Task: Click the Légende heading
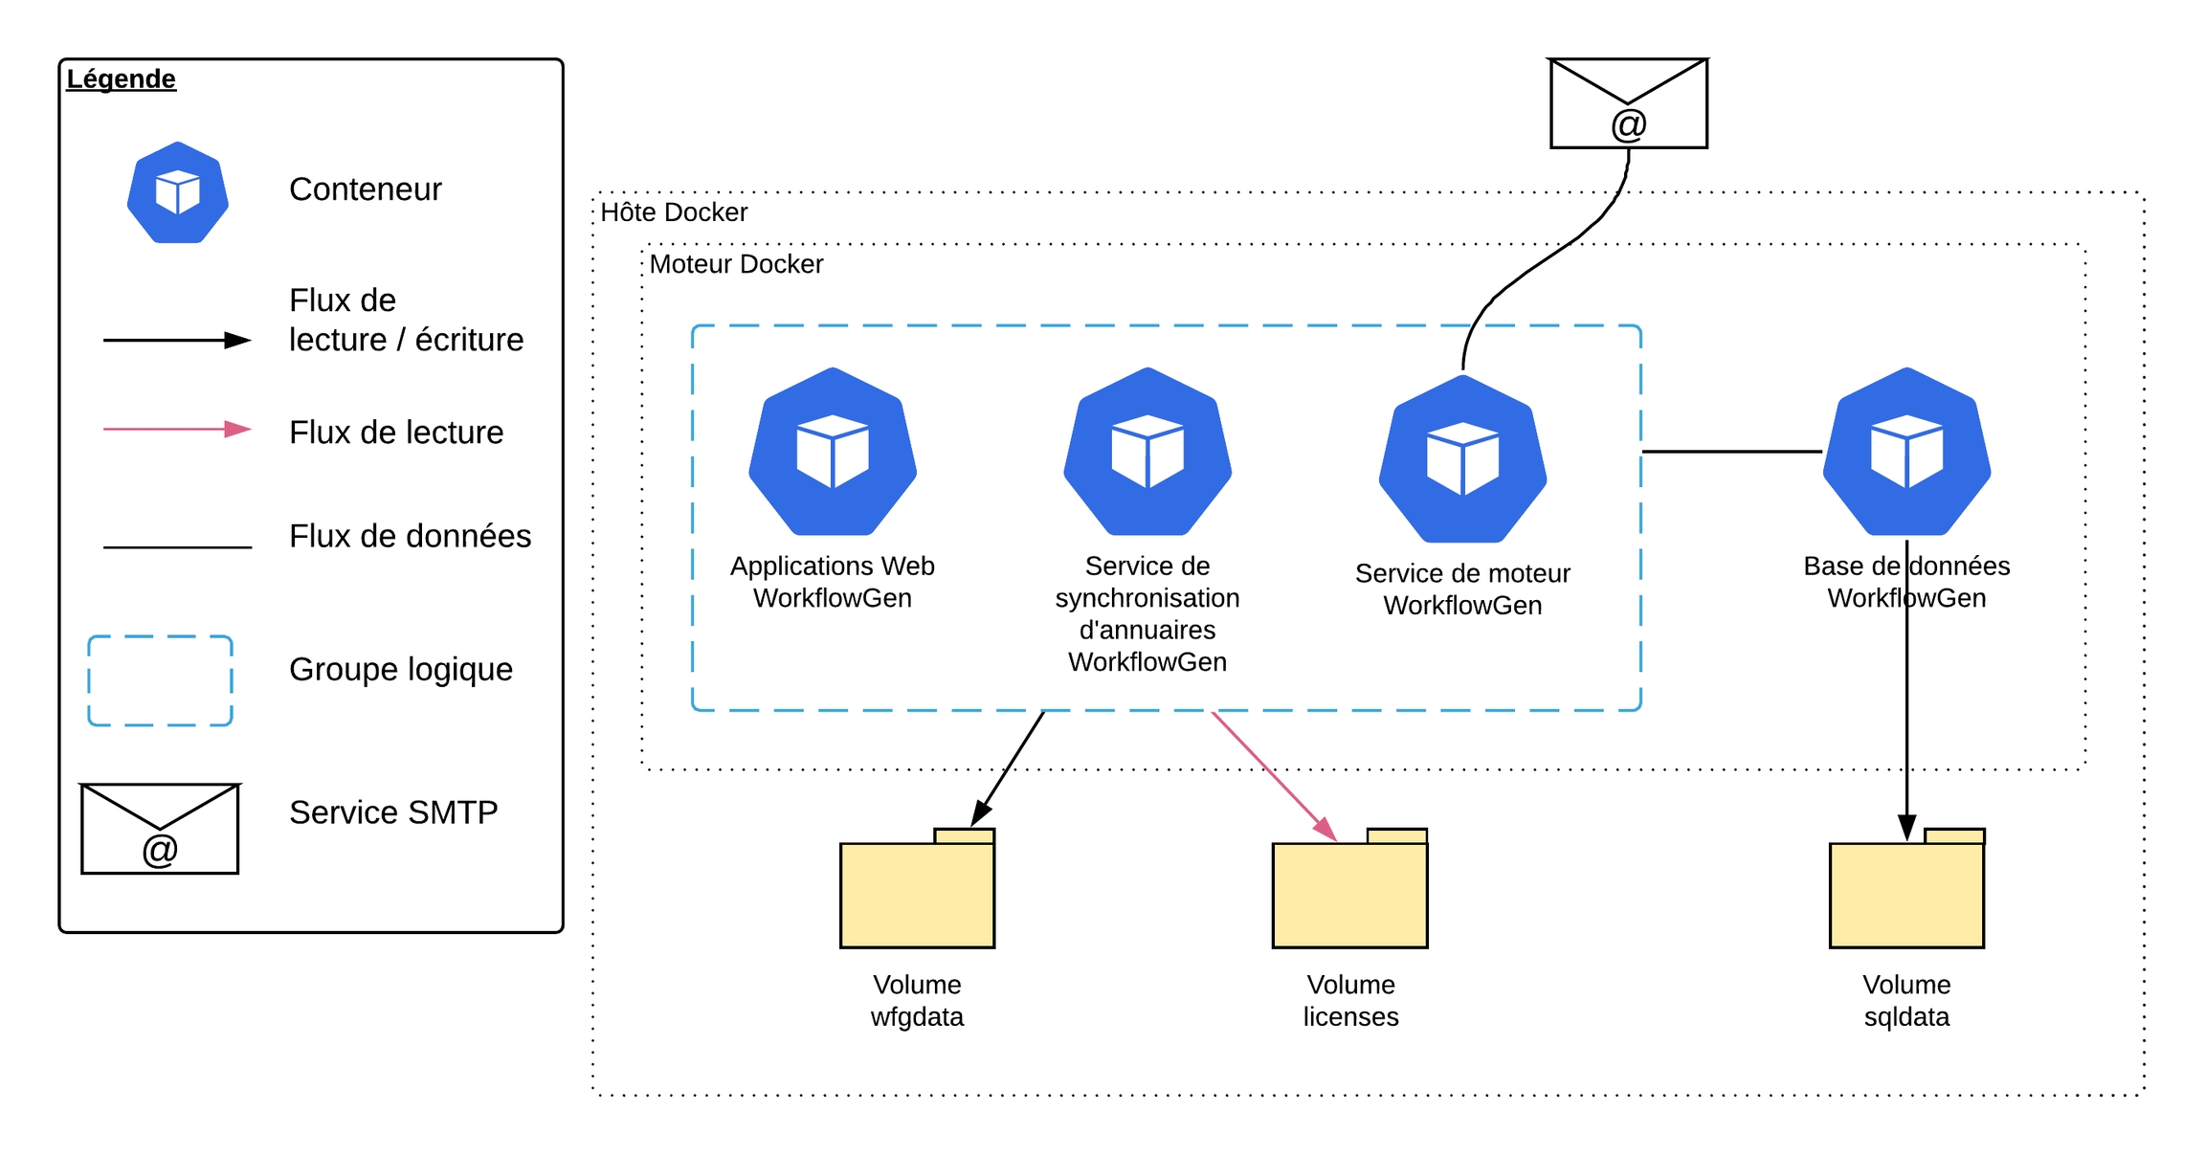121,78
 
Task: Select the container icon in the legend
178,192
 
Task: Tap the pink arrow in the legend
177,430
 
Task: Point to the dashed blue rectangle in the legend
160,680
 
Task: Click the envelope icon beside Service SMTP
160,829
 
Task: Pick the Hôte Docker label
674,212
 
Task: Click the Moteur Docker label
736,264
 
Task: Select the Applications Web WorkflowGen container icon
833,452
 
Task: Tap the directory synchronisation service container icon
1147,452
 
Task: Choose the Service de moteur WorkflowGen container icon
1462,459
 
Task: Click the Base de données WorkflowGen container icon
1906,452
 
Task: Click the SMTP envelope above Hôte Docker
1628,103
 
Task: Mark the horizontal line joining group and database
1731,452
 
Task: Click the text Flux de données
410,536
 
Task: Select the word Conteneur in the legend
365,189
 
